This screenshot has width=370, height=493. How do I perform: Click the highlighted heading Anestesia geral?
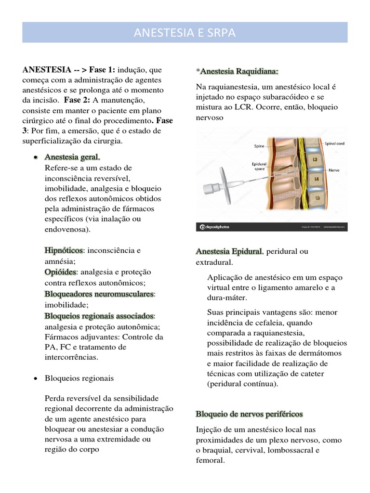click(72, 157)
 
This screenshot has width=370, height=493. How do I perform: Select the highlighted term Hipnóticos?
click(64, 250)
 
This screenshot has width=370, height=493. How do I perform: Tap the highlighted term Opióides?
click(60, 272)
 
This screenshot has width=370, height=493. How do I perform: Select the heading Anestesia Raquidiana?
click(239, 72)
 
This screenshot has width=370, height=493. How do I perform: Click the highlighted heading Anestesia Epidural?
click(229, 251)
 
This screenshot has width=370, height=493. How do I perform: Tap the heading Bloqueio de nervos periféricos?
click(249, 414)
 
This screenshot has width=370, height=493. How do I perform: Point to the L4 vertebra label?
click(316, 179)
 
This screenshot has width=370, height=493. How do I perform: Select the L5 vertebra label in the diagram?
click(317, 197)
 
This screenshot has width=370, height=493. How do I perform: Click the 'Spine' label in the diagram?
click(259, 145)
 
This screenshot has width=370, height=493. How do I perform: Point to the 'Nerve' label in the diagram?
click(335, 170)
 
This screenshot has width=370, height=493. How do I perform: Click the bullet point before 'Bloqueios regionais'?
click(35, 378)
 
